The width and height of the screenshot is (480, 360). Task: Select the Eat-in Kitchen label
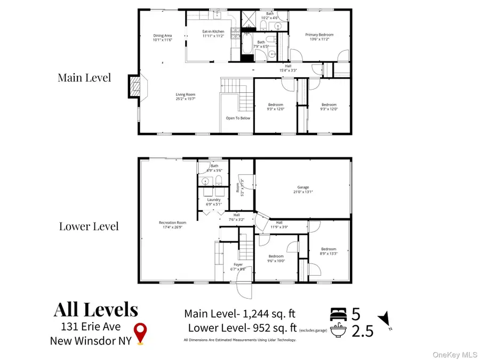coord(213,34)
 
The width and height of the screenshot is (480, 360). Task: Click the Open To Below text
coord(238,118)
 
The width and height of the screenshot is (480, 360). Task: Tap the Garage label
coord(303,190)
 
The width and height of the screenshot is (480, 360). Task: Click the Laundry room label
coord(213,202)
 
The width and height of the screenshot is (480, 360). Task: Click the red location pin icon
coord(140,332)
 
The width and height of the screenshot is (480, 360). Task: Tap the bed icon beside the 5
coord(340,313)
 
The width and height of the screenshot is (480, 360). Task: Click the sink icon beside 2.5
coord(340,331)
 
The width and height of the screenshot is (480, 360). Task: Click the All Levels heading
coord(95,310)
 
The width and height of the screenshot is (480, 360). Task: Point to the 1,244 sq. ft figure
coord(269,314)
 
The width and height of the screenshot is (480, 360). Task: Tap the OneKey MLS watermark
coord(458,354)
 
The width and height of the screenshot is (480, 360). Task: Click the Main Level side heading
coord(84,77)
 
